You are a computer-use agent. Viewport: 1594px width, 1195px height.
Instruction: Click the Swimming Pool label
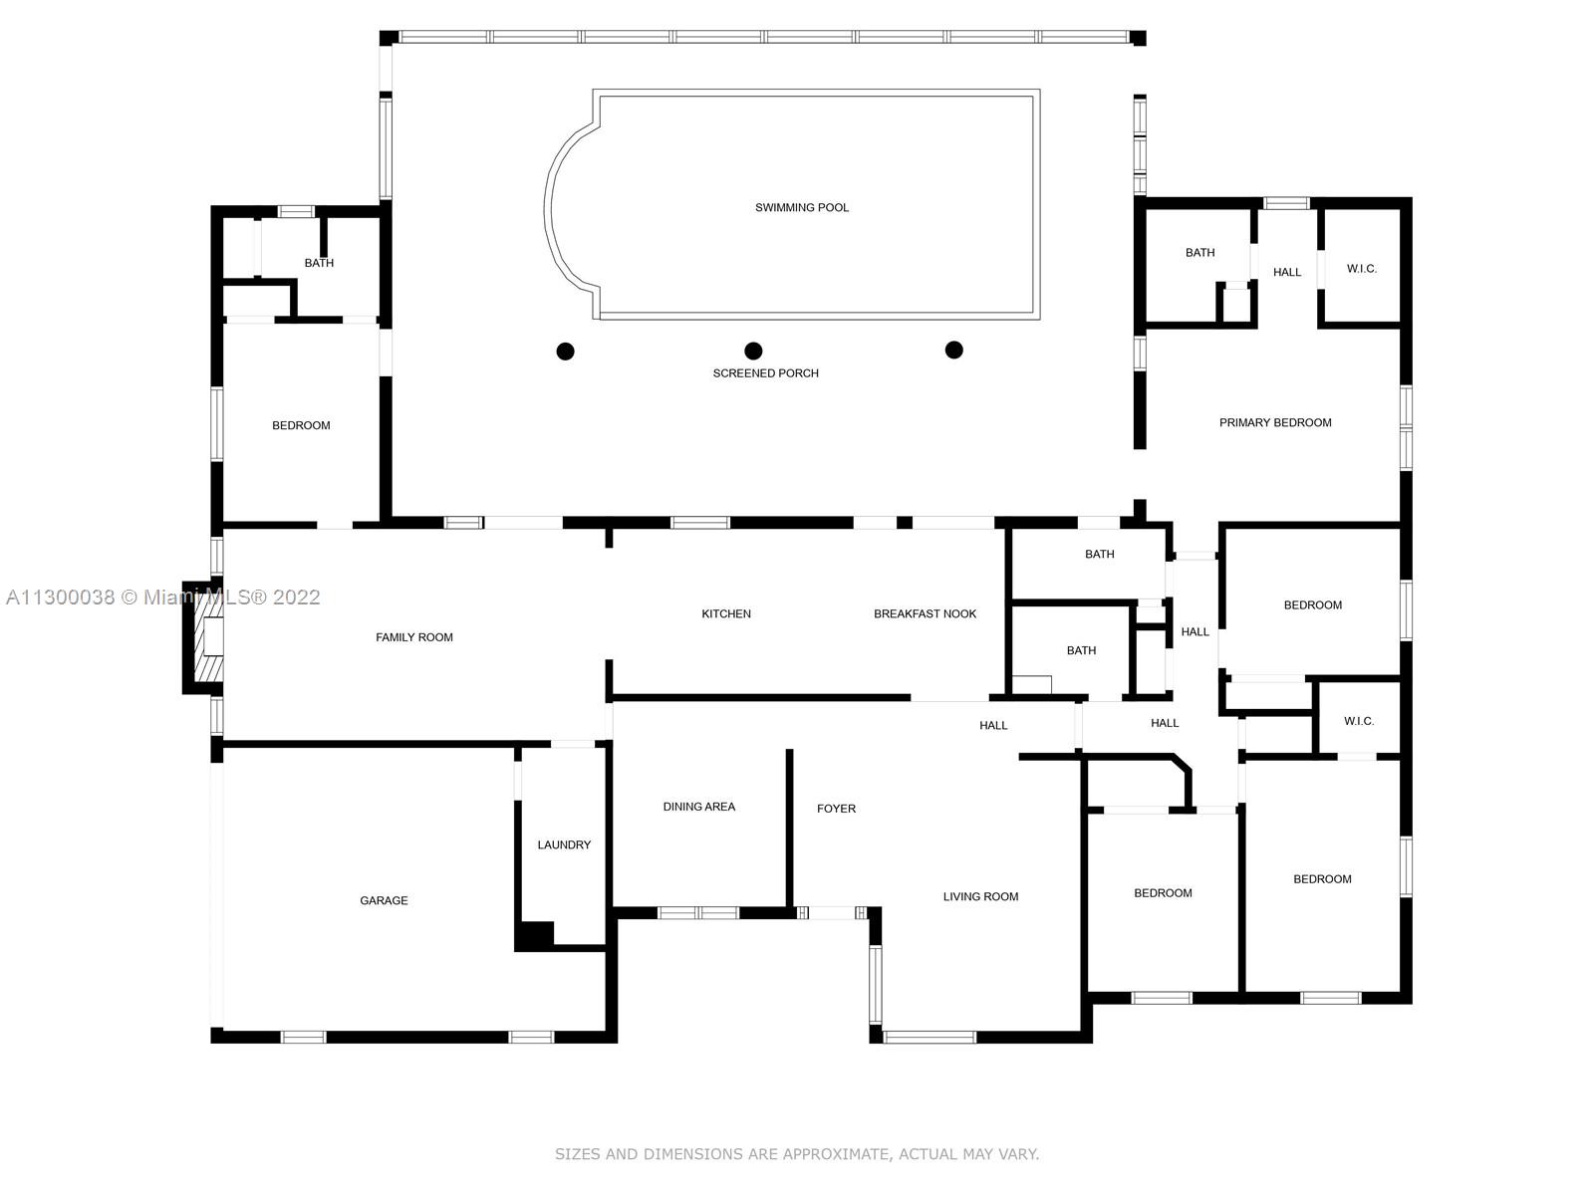[x=802, y=207]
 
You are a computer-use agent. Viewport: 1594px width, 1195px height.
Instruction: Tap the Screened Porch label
[x=765, y=372]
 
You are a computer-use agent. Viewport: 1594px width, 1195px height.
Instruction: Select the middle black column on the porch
[x=753, y=352]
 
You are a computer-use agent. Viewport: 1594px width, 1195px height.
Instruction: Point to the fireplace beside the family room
[x=203, y=637]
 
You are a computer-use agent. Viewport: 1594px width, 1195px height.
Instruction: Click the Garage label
[x=384, y=900]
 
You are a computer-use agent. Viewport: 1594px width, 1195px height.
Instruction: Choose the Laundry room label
[x=564, y=844]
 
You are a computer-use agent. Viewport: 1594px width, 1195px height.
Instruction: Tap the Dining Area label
[x=698, y=806]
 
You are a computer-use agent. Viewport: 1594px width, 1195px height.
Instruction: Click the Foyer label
[x=836, y=809]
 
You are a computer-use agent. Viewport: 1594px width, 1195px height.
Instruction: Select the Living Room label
[x=980, y=896]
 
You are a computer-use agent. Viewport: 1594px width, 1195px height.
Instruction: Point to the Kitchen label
[x=726, y=613]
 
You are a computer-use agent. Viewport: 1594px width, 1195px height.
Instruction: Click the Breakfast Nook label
[x=925, y=613]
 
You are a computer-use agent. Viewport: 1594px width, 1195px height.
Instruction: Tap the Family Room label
[x=413, y=637]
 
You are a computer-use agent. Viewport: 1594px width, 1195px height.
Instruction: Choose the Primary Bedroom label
[x=1275, y=422]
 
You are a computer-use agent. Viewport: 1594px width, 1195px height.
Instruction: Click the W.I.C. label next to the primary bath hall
[x=1362, y=269]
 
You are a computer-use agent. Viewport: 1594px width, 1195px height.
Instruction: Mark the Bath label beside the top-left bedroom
[x=319, y=263]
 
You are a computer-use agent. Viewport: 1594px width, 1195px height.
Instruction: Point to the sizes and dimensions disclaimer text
[x=797, y=1153]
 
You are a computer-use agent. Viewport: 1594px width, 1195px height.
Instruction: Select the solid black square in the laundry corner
[x=535, y=934]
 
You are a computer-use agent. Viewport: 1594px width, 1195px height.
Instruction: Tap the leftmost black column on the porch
[x=565, y=352]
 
